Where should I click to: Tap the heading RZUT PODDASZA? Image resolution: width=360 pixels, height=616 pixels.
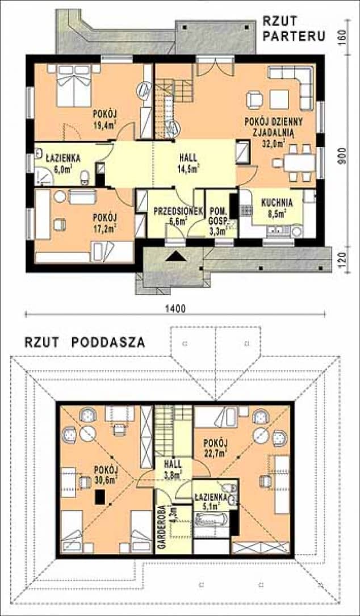(85, 342)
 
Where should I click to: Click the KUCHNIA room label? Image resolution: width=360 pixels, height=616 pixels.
(277, 203)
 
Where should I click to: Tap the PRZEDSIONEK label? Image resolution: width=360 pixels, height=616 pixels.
(178, 211)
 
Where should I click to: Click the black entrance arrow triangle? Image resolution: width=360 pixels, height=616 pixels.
(176, 256)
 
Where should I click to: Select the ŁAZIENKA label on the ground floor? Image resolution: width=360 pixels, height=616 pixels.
(63, 158)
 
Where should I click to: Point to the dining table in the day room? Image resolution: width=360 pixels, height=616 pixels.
(299, 162)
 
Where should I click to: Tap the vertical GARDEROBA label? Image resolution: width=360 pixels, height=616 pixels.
(160, 526)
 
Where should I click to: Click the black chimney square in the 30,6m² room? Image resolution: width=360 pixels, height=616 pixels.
(100, 497)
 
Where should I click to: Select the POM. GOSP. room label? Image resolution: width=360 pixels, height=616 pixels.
(219, 215)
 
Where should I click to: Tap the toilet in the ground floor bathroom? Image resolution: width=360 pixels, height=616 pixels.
(85, 178)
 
